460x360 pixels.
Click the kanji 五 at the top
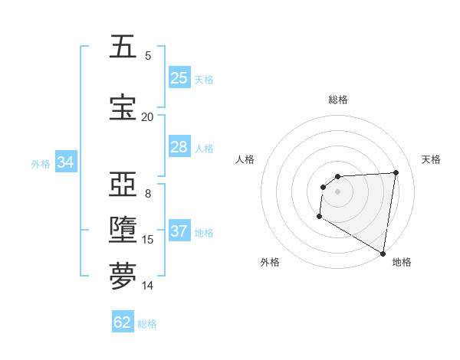tap(123, 47)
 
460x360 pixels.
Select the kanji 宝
tap(123, 108)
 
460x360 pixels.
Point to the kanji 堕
tap(123, 230)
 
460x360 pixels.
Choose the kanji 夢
tap(123, 277)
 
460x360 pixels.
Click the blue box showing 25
tap(179, 78)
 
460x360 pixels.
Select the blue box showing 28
tap(179, 146)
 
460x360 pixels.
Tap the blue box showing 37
tap(179, 232)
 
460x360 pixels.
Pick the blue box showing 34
tap(66, 162)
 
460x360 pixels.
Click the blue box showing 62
tap(123, 322)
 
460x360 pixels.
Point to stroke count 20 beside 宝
tap(147, 116)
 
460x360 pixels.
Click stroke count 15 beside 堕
tap(148, 240)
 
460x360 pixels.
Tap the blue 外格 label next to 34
tap(41, 163)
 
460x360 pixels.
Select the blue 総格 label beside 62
tap(147, 323)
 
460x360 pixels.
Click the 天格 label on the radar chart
tap(431, 159)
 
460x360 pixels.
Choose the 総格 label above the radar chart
tap(338, 100)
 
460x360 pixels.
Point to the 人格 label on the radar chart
tap(245, 159)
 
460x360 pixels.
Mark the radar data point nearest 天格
tap(396, 172)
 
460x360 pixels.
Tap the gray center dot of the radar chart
tap(337, 191)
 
